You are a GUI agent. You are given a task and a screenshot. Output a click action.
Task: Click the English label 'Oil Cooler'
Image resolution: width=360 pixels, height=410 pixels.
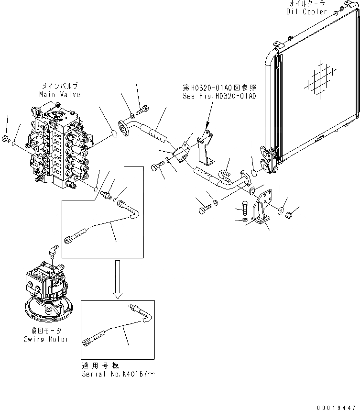(x=307, y=11)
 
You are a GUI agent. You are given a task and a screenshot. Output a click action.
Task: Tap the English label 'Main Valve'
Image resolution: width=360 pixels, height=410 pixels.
(x=59, y=95)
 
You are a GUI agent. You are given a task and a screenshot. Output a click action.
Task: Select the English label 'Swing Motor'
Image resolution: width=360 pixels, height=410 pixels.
(x=46, y=339)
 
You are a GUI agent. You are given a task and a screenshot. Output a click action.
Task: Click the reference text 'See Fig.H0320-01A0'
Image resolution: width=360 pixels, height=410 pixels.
(x=219, y=96)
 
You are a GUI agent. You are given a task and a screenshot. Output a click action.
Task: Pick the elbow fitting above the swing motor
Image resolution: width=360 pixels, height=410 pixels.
(x=53, y=251)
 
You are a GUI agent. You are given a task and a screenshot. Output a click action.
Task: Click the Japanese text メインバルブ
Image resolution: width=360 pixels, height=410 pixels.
(x=59, y=87)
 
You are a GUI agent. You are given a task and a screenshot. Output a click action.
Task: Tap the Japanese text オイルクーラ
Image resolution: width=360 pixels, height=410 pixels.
(x=307, y=4)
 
